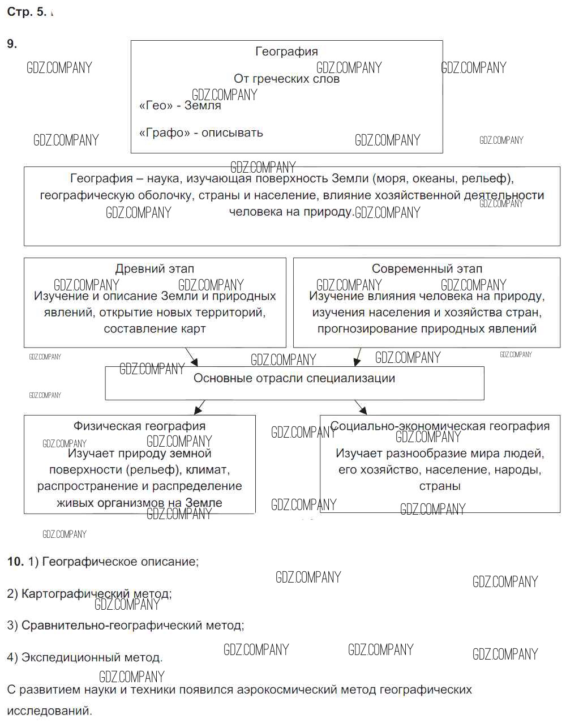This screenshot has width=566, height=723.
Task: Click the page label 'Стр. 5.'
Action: [27, 12]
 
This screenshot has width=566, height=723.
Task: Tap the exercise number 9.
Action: [12, 44]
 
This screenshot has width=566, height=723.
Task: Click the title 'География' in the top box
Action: [286, 52]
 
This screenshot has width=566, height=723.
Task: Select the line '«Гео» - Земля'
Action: [179, 105]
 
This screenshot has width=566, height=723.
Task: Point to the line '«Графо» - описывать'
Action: [201, 132]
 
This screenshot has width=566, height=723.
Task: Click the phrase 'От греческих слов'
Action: [286, 79]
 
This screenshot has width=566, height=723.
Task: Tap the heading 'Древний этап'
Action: [155, 269]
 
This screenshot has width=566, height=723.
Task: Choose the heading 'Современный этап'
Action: [427, 269]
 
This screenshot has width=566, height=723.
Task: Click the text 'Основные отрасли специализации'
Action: [294, 378]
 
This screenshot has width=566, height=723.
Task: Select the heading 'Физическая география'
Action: [139, 426]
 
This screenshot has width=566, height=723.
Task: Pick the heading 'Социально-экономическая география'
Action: [440, 426]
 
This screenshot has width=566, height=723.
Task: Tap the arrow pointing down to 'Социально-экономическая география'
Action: [361, 407]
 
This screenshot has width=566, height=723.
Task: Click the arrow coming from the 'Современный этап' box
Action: [357, 357]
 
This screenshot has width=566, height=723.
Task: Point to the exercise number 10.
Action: [15, 562]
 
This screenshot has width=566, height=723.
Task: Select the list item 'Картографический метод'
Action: [96, 594]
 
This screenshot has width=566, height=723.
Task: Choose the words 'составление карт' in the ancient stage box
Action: [155, 329]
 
